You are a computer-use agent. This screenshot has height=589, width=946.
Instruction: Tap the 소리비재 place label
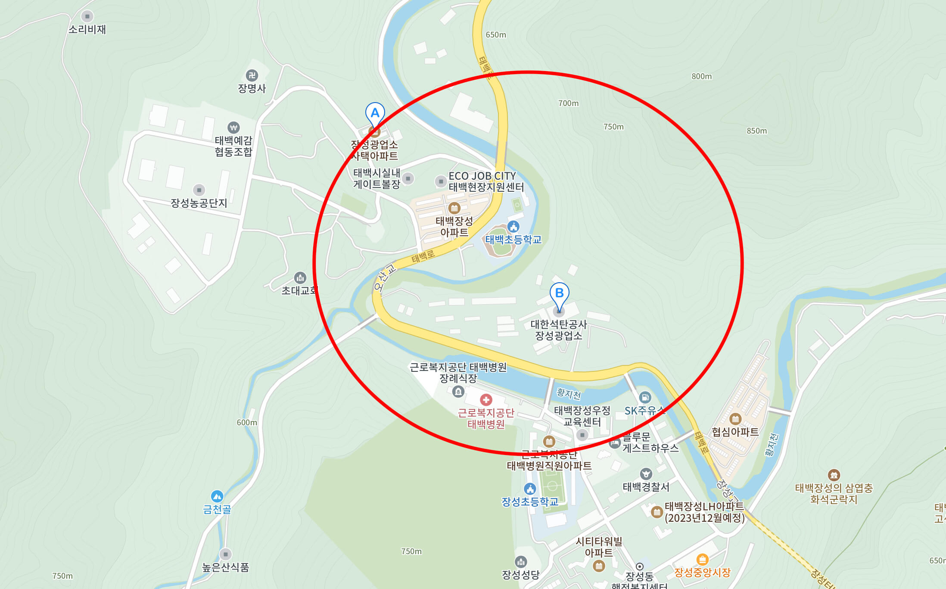[x=87, y=29]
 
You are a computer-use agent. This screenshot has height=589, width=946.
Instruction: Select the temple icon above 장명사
[x=252, y=75]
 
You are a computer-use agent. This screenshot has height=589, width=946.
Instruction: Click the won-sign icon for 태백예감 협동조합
[x=233, y=128]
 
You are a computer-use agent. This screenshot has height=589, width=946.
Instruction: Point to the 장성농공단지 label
[x=199, y=203]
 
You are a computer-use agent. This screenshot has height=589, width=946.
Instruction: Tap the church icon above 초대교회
[x=300, y=277]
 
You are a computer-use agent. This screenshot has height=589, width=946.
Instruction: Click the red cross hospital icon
[x=486, y=400]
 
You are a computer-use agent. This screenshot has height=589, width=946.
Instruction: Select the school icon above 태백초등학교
[x=513, y=227]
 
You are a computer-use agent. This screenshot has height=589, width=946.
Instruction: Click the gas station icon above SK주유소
[x=645, y=397]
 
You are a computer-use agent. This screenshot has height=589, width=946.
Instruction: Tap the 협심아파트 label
[x=735, y=432]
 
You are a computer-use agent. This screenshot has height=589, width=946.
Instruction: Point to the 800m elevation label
[x=701, y=76]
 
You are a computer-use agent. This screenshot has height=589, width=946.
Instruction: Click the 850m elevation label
[x=756, y=131]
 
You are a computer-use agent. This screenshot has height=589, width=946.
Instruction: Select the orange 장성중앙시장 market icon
[x=702, y=560]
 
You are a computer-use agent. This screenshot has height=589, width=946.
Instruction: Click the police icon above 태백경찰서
[x=646, y=474]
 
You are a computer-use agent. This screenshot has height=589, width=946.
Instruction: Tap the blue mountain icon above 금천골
[x=217, y=496]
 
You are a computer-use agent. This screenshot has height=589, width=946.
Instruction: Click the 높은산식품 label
[x=225, y=567]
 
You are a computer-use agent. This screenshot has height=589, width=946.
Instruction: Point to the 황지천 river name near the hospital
[x=568, y=393]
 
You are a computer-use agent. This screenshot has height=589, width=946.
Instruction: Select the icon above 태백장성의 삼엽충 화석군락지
[x=834, y=475]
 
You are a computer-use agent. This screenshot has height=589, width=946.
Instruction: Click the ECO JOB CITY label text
[x=482, y=176]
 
